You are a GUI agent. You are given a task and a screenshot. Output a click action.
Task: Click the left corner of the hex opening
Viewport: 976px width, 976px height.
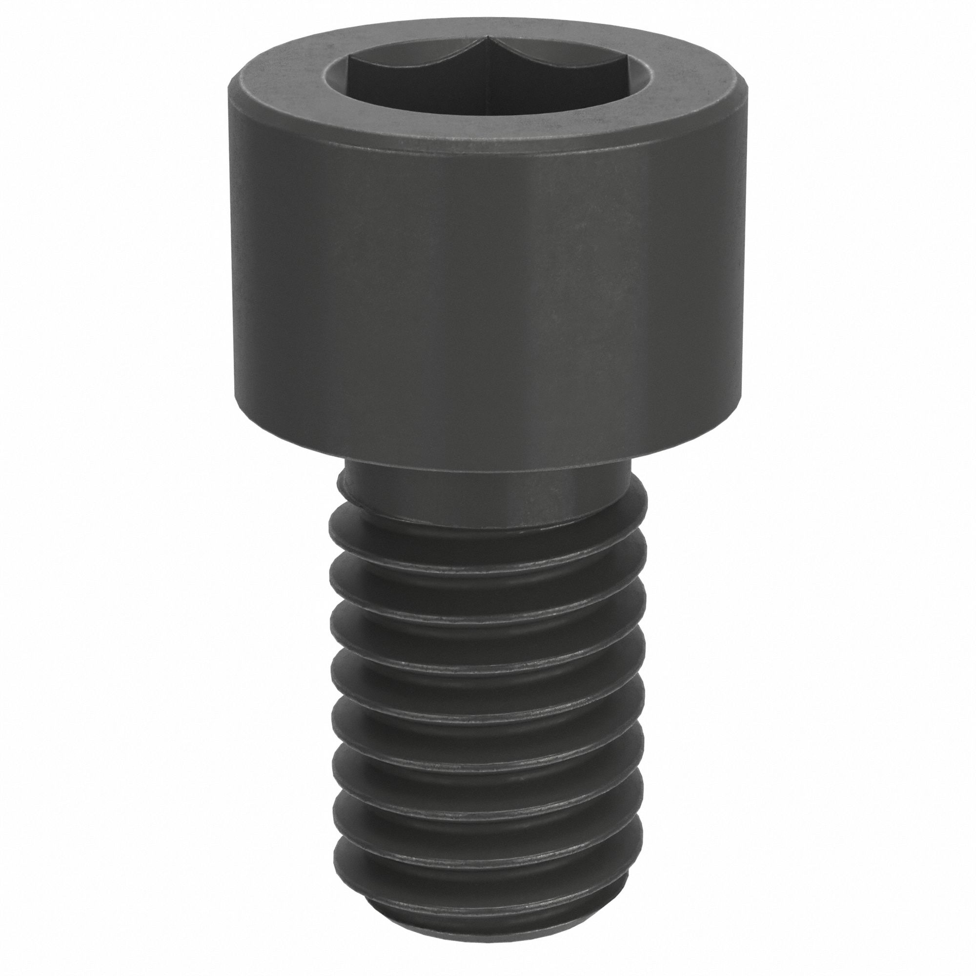[349, 59]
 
